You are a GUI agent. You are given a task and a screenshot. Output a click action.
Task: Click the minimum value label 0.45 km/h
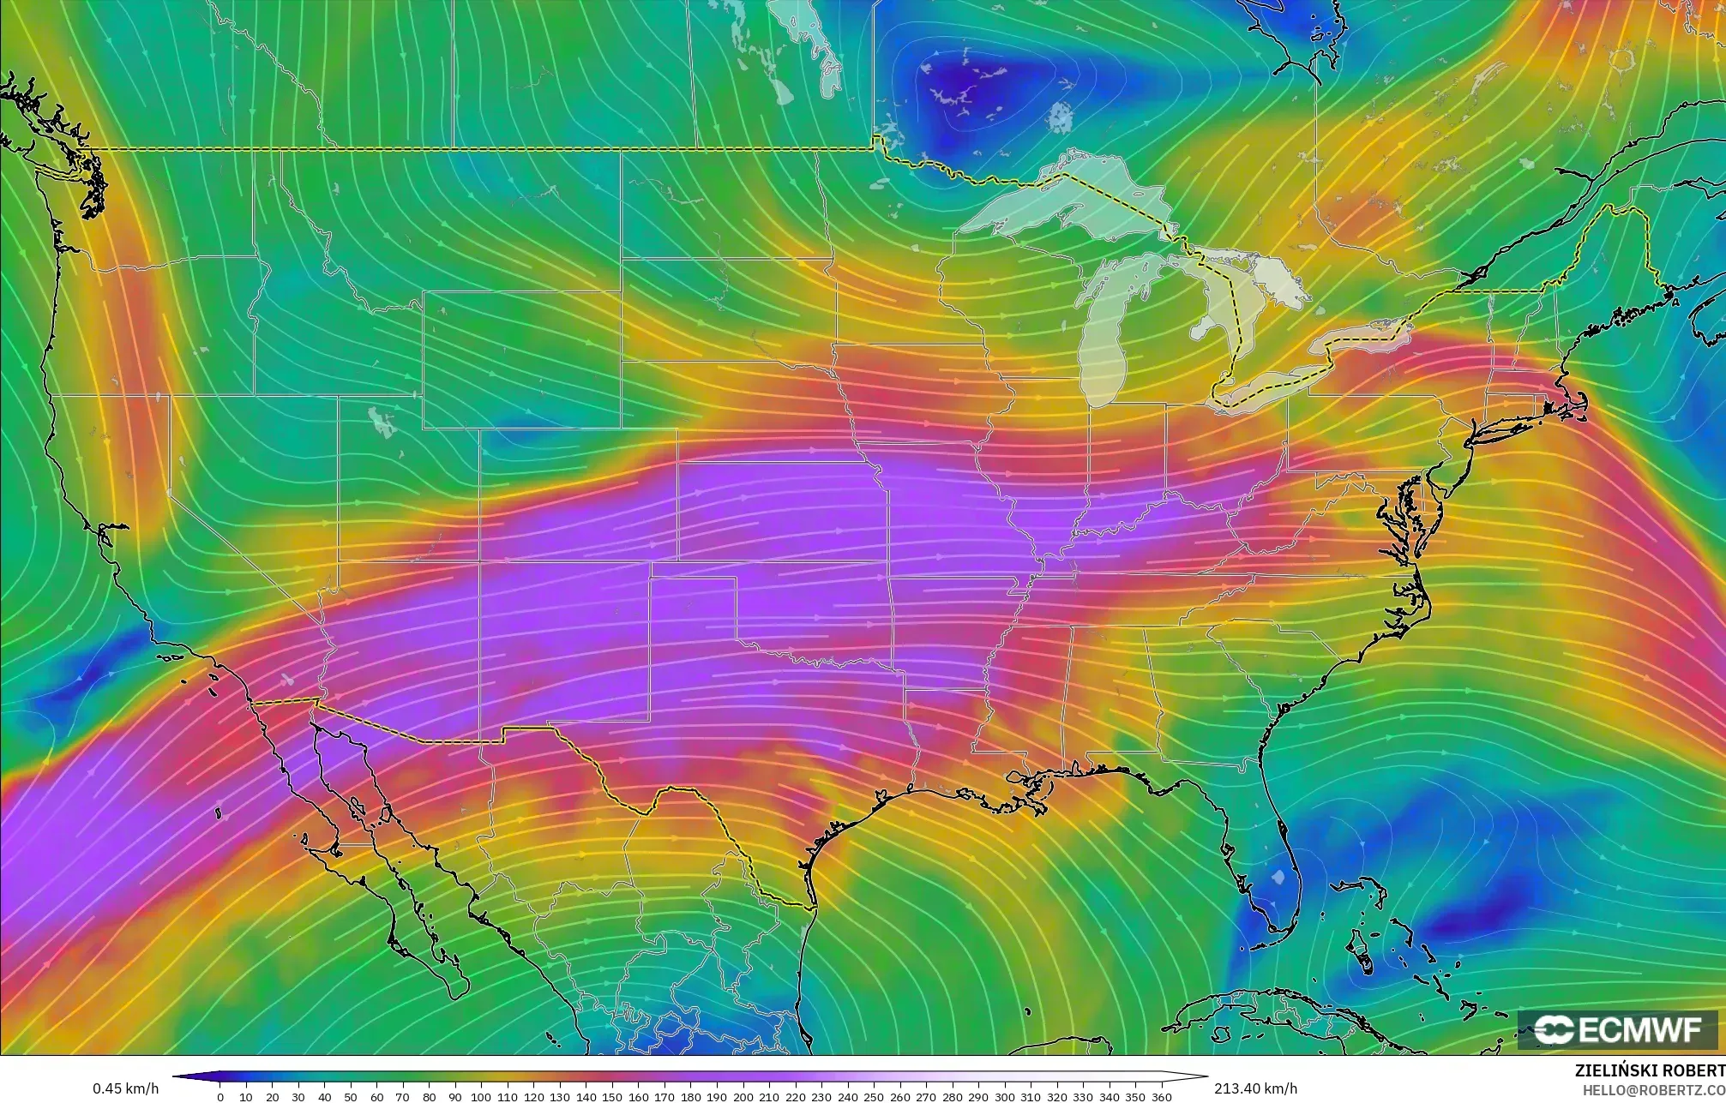[x=125, y=1088]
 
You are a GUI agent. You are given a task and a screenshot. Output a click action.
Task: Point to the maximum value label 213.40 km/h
[x=1255, y=1088]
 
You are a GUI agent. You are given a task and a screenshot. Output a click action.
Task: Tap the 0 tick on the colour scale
[x=220, y=1096]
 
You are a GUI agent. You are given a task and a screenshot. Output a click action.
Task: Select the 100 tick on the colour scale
[x=481, y=1096]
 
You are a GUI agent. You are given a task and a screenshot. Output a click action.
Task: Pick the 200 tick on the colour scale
[x=743, y=1096]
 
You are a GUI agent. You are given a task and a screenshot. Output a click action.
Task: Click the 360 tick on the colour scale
[x=1161, y=1096]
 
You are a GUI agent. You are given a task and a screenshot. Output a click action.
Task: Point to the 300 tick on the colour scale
[x=1004, y=1096]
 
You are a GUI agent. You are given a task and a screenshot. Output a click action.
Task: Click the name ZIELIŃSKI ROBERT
[x=1650, y=1070]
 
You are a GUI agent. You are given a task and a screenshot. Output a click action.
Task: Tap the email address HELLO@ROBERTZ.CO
[x=1653, y=1089]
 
